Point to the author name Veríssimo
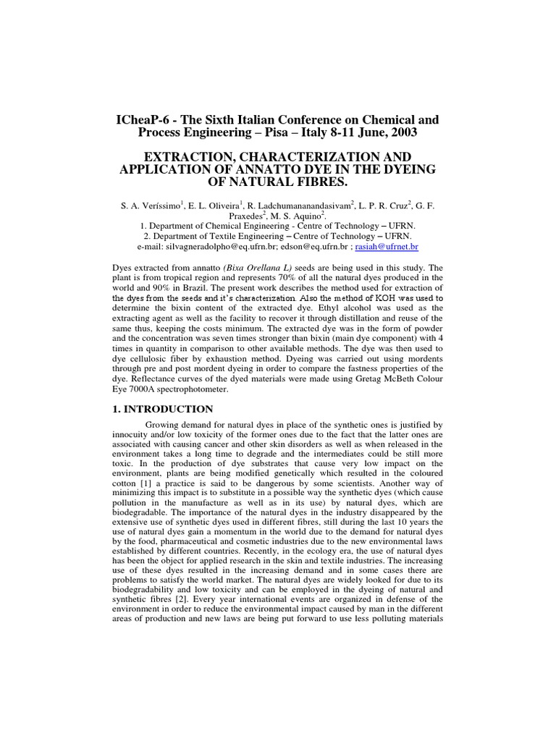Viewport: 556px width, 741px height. click(x=156, y=206)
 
